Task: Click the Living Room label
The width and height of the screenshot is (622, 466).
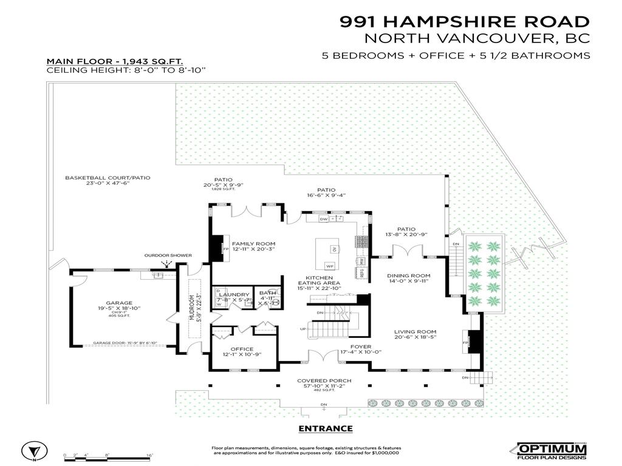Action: point(415,331)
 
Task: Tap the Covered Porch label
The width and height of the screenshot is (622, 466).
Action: point(324,381)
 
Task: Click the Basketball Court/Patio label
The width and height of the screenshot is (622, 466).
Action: point(108,178)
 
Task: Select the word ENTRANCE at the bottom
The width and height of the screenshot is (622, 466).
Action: point(326,428)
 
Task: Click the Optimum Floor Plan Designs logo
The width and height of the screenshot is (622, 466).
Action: point(552,451)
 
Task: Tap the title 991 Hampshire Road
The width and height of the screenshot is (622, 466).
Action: point(464,22)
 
